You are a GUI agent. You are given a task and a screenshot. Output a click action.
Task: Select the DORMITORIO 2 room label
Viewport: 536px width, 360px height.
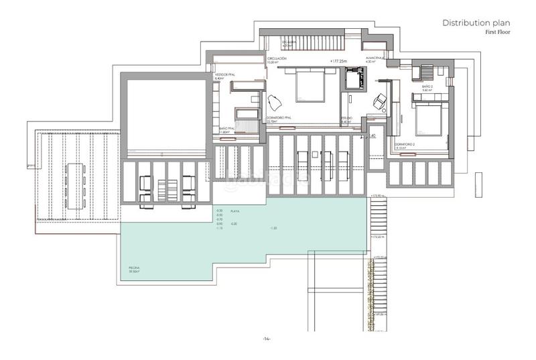pyautogui.click(x=405, y=145)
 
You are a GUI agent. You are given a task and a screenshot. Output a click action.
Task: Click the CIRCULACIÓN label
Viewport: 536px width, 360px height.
pyautogui.click(x=277, y=59)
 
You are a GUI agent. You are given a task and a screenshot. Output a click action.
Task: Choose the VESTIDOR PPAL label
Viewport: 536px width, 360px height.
pyautogui.click(x=224, y=75)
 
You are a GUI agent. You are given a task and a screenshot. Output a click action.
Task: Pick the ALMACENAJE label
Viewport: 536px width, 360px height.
pyautogui.click(x=375, y=59)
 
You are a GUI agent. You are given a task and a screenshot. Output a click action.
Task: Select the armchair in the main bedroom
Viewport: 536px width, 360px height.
pyautogui.click(x=274, y=103)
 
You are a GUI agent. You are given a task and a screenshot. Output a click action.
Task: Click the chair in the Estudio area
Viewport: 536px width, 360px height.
pyautogui.click(x=379, y=100)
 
